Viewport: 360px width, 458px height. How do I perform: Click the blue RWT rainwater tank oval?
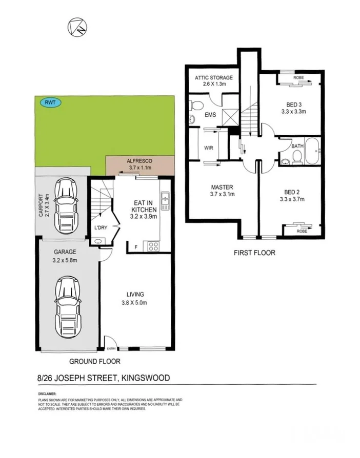click(50, 102)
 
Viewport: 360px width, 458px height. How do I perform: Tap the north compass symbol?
click(77, 26)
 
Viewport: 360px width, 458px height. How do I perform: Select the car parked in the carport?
click(67, 205)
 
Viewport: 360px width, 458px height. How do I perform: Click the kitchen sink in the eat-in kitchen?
click(165, 201)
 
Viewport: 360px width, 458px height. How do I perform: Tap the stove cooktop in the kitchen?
click(153, 246)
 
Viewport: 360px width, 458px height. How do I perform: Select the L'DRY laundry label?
click(101, 227)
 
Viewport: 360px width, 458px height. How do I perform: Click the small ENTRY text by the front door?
click(111, 348)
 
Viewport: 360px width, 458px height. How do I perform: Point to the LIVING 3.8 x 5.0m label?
click(135, 298)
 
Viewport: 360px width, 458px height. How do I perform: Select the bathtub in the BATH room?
click(311, 152)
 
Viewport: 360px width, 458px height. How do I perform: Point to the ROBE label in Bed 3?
click(298, 78)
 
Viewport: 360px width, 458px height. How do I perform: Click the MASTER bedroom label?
click(222, 187)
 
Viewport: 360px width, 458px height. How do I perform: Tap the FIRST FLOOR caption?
click(254, 253)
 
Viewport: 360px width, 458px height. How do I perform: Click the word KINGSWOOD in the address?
click(146, 378)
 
